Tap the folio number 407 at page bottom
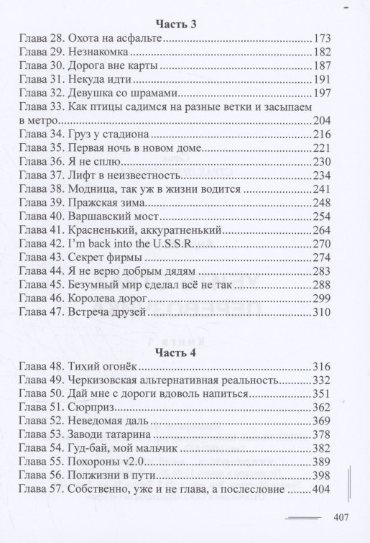coord(342,516)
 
